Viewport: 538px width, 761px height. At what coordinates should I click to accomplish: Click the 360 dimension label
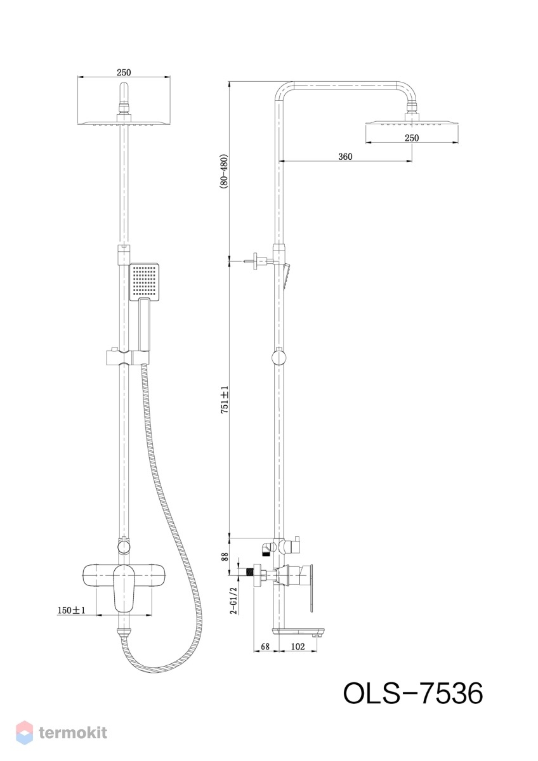point(345,157)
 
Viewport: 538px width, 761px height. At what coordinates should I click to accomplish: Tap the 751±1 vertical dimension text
point(225,400)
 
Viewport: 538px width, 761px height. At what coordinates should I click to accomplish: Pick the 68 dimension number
point(265,646)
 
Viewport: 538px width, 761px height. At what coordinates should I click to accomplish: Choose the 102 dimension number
point(298,646)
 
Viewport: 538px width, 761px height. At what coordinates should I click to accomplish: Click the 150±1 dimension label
point(71,610)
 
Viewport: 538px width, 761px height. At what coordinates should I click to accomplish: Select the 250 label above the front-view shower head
point(124,72)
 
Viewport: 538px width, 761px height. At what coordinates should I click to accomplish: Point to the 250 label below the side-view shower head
point(412,138)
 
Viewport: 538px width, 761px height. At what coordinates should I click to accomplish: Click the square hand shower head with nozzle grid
point(145,282)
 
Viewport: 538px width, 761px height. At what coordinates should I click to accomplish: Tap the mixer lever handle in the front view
point(124,588)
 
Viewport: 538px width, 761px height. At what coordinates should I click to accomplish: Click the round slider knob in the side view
point(279,358)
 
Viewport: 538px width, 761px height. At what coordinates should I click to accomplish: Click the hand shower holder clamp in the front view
point(128,357)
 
